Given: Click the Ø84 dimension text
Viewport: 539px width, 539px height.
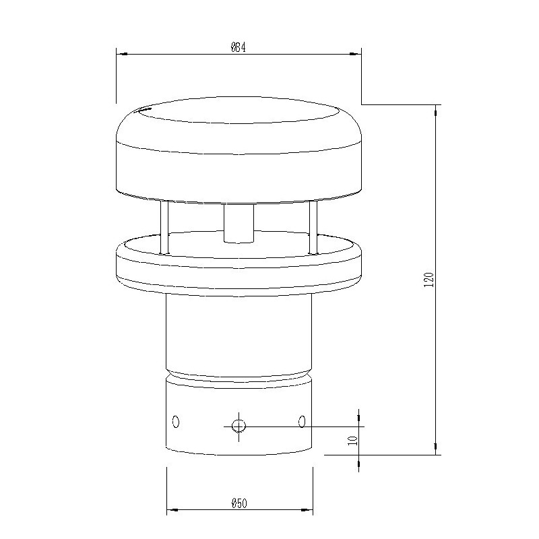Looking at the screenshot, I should click(x=240, y=48).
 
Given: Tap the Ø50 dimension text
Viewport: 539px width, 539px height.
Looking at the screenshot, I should click(x=240, y=503).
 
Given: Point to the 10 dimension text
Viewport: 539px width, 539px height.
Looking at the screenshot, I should click(x=352, y=441).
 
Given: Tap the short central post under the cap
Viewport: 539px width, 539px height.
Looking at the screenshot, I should click(x=239, y=224).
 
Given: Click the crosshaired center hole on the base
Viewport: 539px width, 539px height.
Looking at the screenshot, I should click(x=239, y=425).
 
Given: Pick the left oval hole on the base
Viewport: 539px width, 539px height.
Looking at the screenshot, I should click(x=176, y=422).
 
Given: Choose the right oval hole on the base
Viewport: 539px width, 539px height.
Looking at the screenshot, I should click(x=302, y=422).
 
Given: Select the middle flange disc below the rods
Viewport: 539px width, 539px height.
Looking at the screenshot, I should click(x=239, y=266).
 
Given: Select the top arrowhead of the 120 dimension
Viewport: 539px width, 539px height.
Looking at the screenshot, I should click(x=437, y=110).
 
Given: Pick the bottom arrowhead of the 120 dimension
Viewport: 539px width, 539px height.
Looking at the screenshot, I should click(x=437, y=449).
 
